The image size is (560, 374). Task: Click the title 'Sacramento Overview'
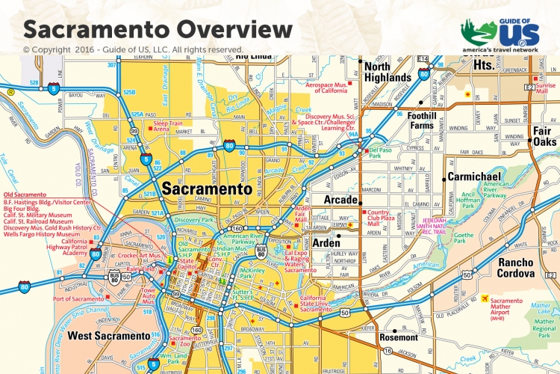[x=158, y=29]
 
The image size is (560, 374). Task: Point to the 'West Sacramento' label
[x=109, y=336]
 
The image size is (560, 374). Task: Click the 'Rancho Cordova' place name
[x=505, y=269]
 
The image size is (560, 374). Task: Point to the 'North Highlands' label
[x=387, y=72]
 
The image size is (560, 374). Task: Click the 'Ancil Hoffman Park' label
[x=471, y=198]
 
